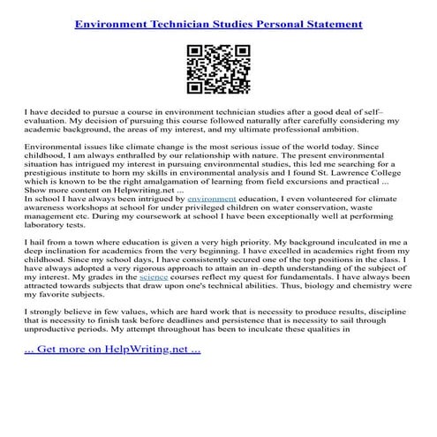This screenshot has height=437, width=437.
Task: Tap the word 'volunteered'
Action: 298,225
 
